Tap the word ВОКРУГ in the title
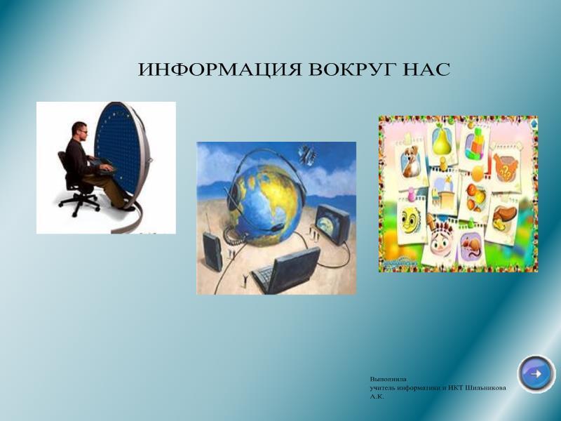(351, 69)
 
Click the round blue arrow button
(536, 374)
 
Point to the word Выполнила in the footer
(388, 379)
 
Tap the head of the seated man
(79, 131)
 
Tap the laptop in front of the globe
(285, 270)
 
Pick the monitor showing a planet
(332, 225)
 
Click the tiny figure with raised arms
(245, 280)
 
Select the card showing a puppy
(411, 162)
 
